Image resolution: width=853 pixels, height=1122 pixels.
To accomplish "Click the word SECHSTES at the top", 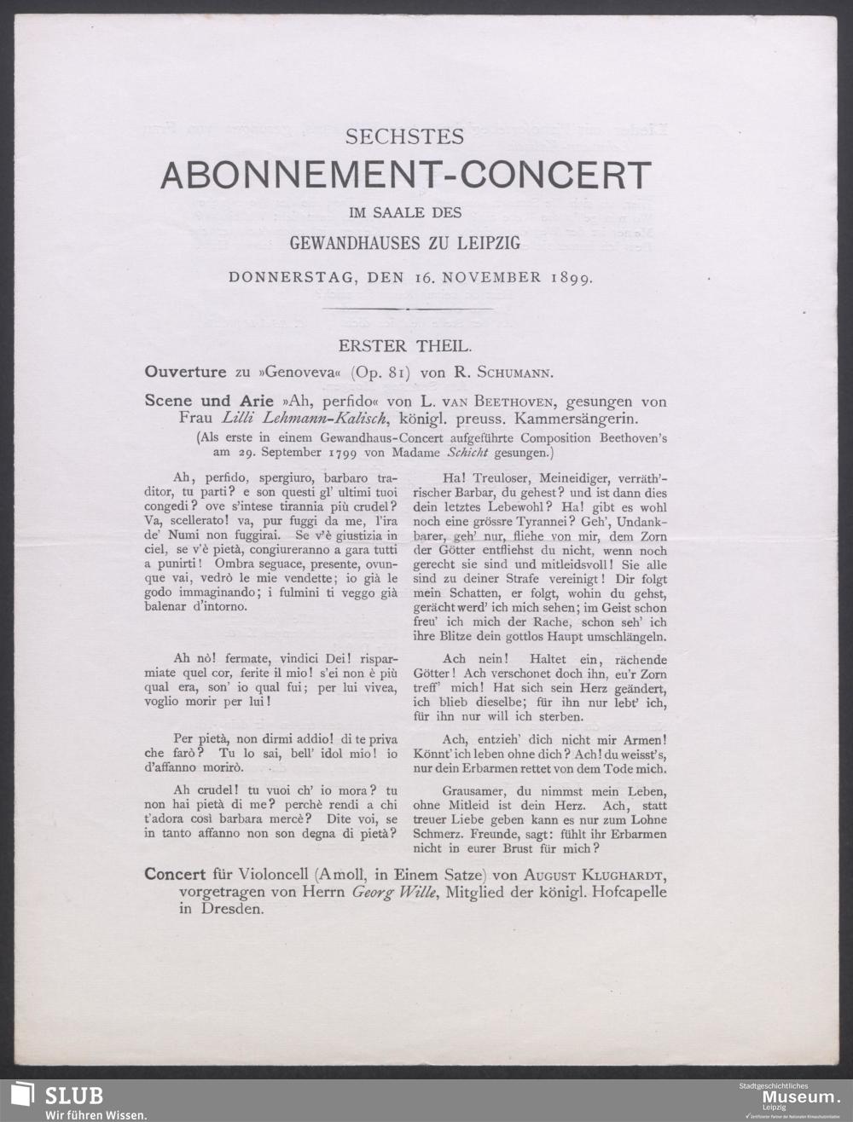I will [x=404, y=136].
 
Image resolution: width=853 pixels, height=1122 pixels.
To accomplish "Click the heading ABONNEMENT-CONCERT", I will [x=405, y=176].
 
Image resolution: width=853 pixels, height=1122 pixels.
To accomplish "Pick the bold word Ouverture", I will [x=184, y=372].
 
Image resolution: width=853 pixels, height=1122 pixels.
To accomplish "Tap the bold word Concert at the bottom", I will [x=175, y=875].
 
